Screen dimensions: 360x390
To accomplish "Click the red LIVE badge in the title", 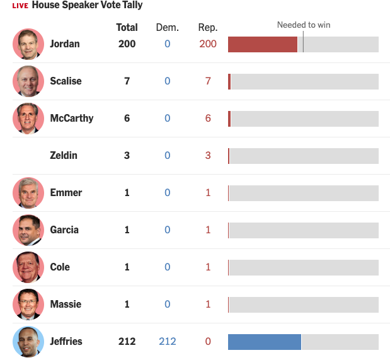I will click(20, 6).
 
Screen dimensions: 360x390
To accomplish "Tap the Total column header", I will click(127, 27).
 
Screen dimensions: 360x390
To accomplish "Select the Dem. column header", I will click(167, 27).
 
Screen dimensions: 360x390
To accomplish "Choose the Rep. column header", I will click(207, 27).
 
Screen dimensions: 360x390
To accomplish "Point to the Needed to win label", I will click(304, 25).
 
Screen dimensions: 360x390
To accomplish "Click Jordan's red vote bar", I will click(262, 44).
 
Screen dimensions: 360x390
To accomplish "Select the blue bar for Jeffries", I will click(264, 342).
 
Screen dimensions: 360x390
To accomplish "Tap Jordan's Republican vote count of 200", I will click(207, 44).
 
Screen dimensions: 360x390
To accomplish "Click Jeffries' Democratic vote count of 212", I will click(167, 342).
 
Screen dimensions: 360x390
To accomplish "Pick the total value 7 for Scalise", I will click(127, 81).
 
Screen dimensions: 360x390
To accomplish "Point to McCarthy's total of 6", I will click(127, 119).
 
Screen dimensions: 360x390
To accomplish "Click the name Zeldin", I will click(64, 156).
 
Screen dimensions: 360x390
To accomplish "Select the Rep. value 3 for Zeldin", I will click(207, 156).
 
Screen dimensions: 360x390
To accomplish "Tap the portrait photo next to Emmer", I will click(28, 193).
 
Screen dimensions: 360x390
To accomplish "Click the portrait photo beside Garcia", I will click(28, 230).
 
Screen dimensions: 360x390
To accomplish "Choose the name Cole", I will click(60, 267).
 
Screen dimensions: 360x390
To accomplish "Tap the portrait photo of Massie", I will click(28, 305).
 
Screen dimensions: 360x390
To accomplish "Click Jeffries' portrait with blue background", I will click(28, 342).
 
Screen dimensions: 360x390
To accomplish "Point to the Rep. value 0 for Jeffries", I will click(207, 342).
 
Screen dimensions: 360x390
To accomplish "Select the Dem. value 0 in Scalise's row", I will click(167, 81).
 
